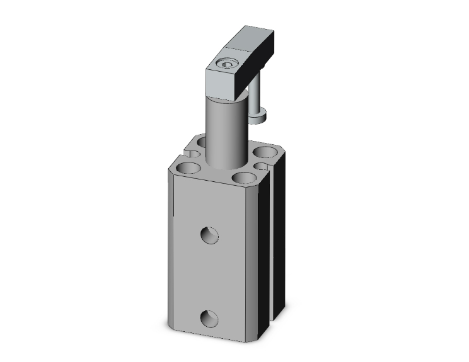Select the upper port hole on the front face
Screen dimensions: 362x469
(209, 235)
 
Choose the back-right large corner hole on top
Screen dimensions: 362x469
(265, 152)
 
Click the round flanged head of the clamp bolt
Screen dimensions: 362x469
(258, 115)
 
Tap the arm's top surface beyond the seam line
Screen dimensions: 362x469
(253, 37)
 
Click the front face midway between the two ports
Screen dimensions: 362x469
(210, 277)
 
